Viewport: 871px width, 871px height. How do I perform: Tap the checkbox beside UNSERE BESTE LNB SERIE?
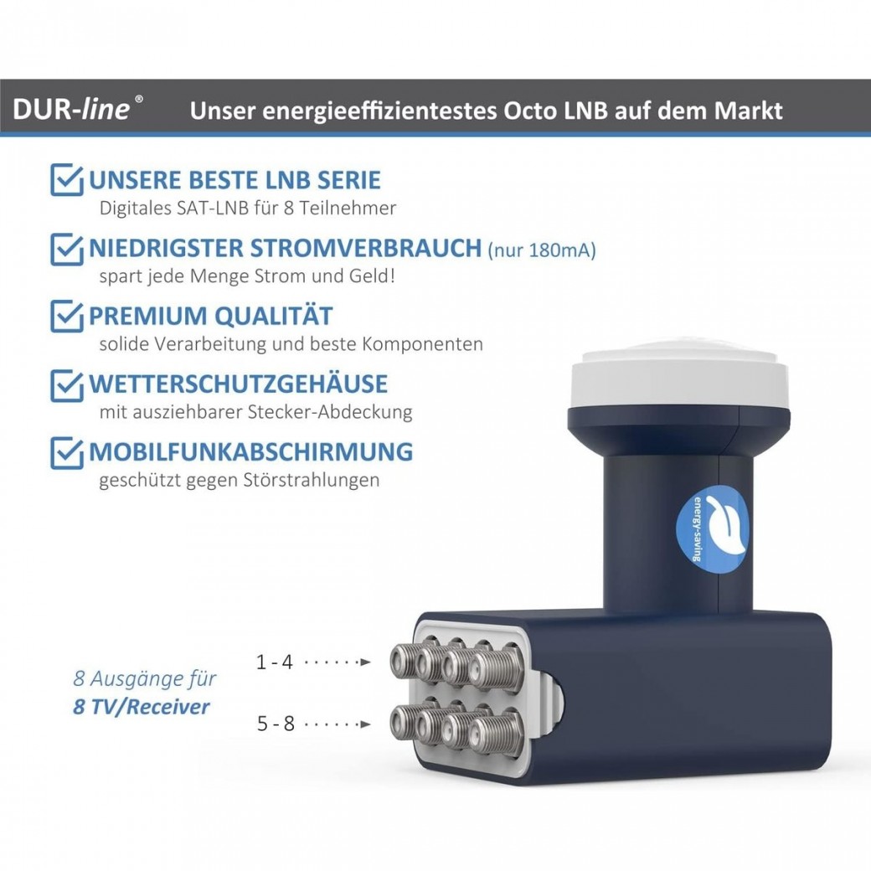(x=67, y=180)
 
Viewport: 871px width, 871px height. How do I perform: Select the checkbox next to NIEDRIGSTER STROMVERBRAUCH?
(x=67, y=249)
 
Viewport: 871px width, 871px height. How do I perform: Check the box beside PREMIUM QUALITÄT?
(x=67, y=317)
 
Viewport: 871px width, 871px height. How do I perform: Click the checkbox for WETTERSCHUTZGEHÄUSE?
(x=67, y=384)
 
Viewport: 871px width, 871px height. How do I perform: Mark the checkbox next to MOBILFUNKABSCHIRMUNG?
(x=67, y=451)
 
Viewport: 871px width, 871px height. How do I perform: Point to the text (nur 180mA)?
(x=542, y=250)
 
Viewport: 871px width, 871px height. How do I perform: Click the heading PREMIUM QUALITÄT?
(x=210, y=317)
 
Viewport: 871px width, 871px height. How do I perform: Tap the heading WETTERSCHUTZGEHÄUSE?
(x=238, y=384)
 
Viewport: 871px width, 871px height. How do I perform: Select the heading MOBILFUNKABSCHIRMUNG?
(x=250, y=451)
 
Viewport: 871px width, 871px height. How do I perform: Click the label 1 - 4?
(x=275, y=662)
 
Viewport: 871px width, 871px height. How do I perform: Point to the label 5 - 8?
(x=276, y=723)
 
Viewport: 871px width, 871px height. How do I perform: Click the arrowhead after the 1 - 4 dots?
(x=364, y=662)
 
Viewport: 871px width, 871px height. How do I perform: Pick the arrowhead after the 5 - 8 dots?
(x=364, y=724)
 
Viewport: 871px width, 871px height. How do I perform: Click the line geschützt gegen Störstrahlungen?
(x=239, y=480)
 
